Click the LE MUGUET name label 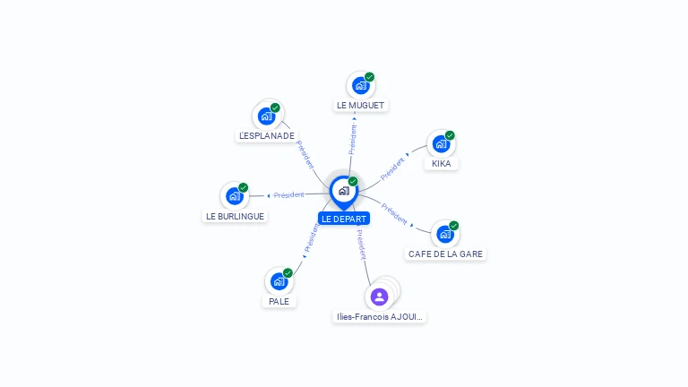click(x=360, y=106)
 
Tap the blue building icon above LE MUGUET click(x=361, y=86)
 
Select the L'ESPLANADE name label click(x=267, y=135)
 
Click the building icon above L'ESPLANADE click(x=266, y=116)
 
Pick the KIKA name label click(x=441, y=164)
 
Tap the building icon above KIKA click(x=441, y=144)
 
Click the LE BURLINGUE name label click(x=235, y=216)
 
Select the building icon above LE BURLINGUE click(x=235, y=196)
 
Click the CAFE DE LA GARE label click(x=445, y=254)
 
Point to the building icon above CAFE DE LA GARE click(x=445, y=235)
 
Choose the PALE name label click(x=279, y=301)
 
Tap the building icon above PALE click(x=279, y=281)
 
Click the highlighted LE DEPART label click(x=344, y=219)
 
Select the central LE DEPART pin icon click(x=344, y=193)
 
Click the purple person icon click(x=379, y=297)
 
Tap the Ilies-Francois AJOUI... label click(x=379, y=317)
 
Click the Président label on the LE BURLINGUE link click(x=288, y=194)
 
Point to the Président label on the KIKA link click(x=392, y=169)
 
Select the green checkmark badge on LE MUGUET click(x=369, y=77)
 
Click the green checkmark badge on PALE click(x=288, y=273)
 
